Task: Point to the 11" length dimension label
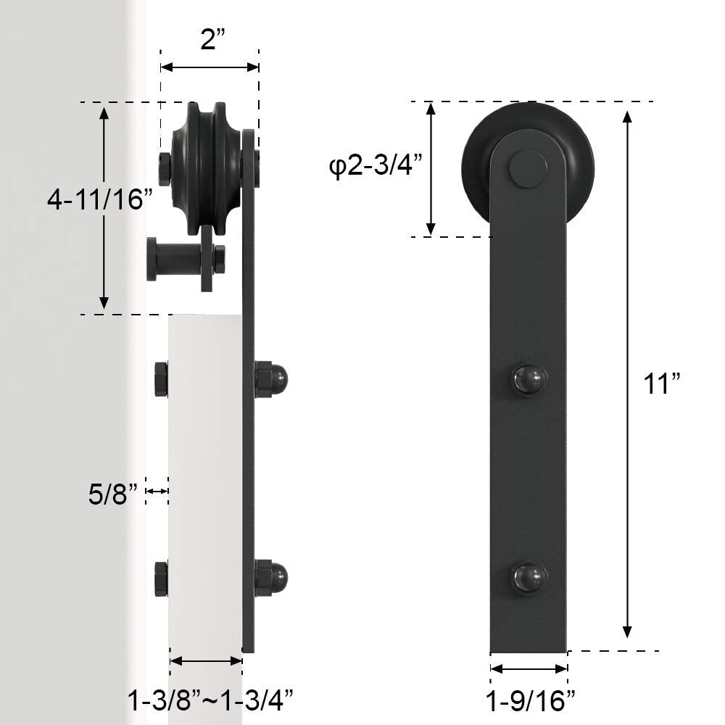click(660, 384)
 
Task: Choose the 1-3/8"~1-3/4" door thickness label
click(210, 700)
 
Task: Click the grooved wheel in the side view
click(205, 168)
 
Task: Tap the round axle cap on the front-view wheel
click(528, 169)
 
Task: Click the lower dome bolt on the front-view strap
click(529, 577)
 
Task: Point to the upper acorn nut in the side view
click(273, 378)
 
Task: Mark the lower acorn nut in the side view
click(273, 576)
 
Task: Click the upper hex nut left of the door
click(161, 379)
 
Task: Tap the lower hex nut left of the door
click(161, 578)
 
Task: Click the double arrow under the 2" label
click(210, 67)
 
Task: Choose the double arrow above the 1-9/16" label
click(529, 669)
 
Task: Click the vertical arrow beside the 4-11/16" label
click(104, 207)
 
